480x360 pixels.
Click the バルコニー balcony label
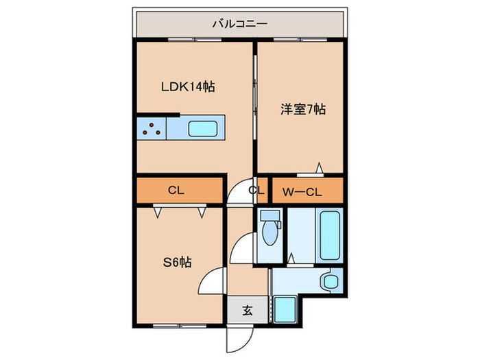240,23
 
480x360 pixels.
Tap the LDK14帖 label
188,87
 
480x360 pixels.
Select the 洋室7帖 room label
303,109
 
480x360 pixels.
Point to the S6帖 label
177,263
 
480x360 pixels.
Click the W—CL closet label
302,192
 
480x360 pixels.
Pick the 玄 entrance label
248,311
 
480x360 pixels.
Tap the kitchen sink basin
203,129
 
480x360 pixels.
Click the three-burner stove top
152,129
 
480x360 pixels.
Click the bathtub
329,235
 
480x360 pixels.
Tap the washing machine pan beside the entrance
285,309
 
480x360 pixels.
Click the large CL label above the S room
176,191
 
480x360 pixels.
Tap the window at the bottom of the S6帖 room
180,326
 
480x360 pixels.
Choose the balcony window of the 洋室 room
300,40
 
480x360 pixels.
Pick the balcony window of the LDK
195,40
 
